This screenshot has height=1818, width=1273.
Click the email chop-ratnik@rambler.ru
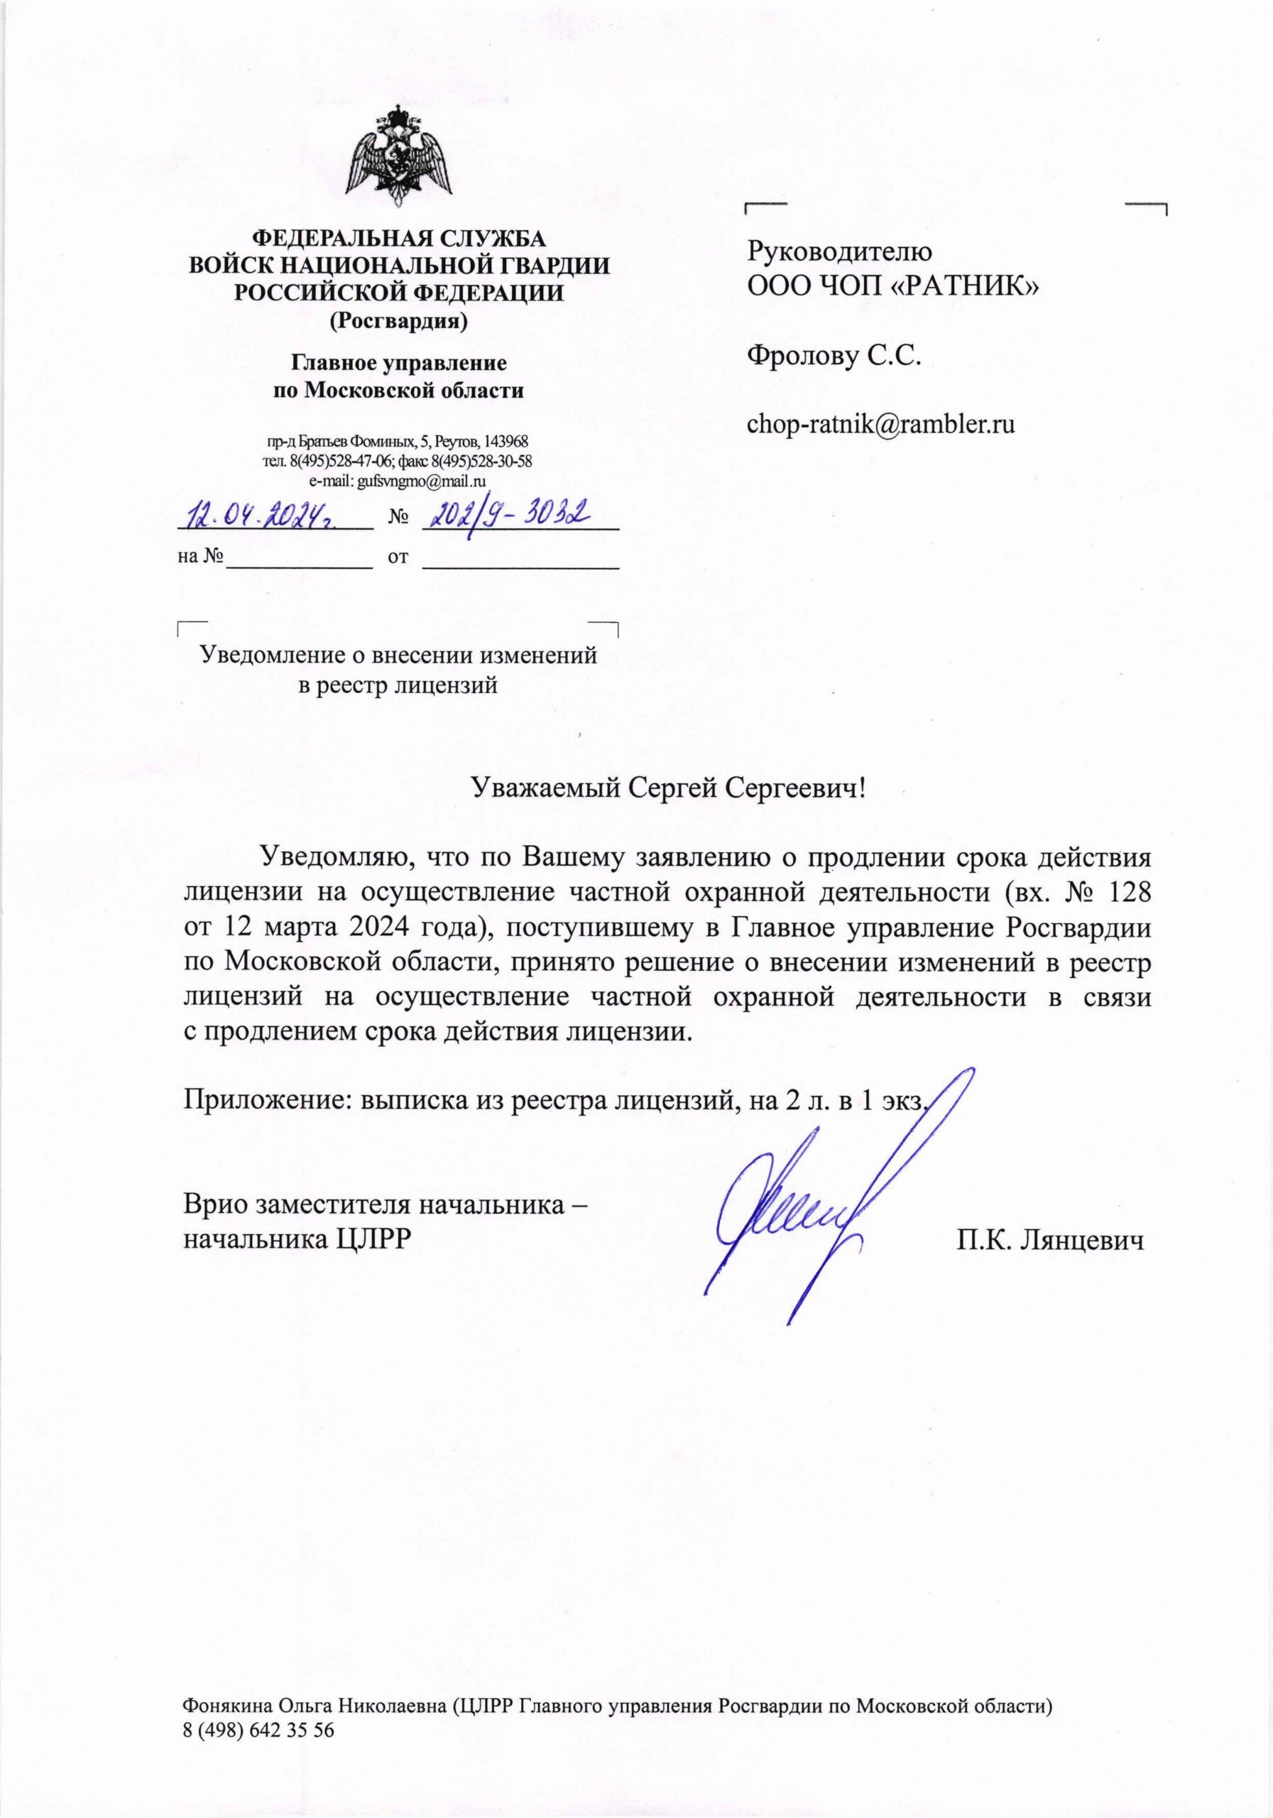click(880, 424)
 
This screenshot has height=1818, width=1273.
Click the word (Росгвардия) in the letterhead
click(398, 321)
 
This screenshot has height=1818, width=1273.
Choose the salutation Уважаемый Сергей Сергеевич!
click(667, 787)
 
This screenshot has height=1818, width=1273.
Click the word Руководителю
click(839, 252)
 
